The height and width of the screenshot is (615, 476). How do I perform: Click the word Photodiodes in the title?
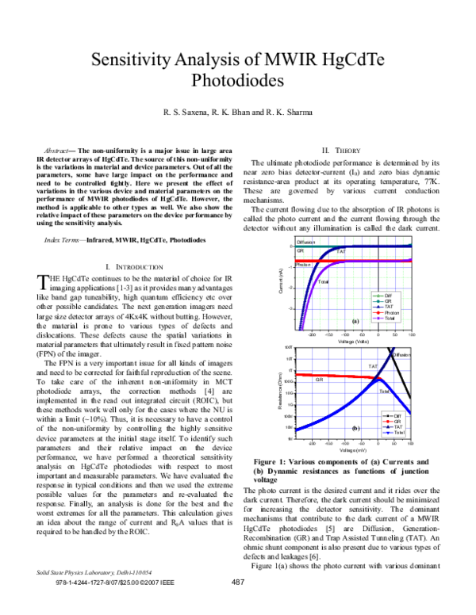point(237,81)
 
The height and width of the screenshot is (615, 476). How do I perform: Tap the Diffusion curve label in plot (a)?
point(306,242)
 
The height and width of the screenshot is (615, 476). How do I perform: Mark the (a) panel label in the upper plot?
point(355,321)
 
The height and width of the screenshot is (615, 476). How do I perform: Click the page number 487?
point(236,605)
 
